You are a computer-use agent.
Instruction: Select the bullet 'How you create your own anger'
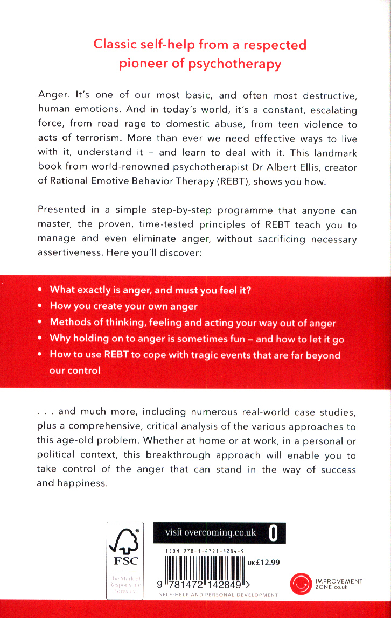coord(123,306)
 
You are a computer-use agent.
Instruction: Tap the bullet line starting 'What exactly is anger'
coord(150,290)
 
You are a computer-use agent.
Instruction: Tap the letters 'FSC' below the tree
coord(124,561)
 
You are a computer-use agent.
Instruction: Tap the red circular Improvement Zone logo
coord(302,584)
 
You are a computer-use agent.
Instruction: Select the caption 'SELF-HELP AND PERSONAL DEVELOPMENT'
coord(219,595)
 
